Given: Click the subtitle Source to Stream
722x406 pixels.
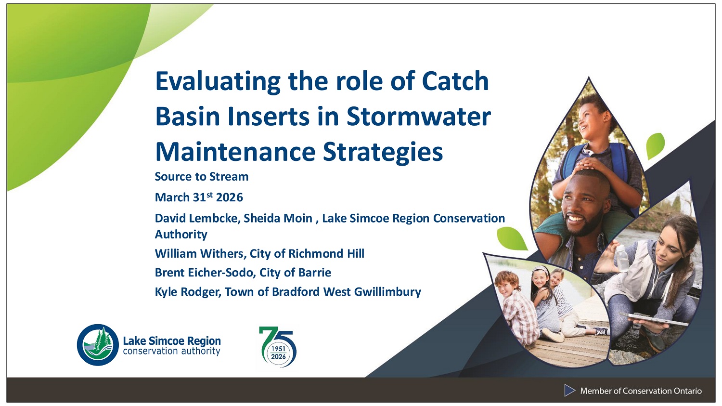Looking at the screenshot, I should tap(201, 177).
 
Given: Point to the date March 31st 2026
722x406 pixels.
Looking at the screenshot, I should tap(199, 197).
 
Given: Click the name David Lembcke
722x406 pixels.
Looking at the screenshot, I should tap(195, 218).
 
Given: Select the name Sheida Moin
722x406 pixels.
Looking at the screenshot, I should tap(278, 218).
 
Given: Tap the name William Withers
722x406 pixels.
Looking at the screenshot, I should tap(199, 254).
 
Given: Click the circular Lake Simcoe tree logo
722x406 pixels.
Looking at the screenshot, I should tap(98, 345).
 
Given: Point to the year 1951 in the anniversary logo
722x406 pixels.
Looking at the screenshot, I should tap(278, 349).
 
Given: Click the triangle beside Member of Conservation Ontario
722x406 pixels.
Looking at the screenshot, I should tap(569, 391).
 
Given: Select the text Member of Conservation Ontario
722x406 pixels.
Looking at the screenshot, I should tap(641, 391).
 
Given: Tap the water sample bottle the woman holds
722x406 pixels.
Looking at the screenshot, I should tap(622, 258).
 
